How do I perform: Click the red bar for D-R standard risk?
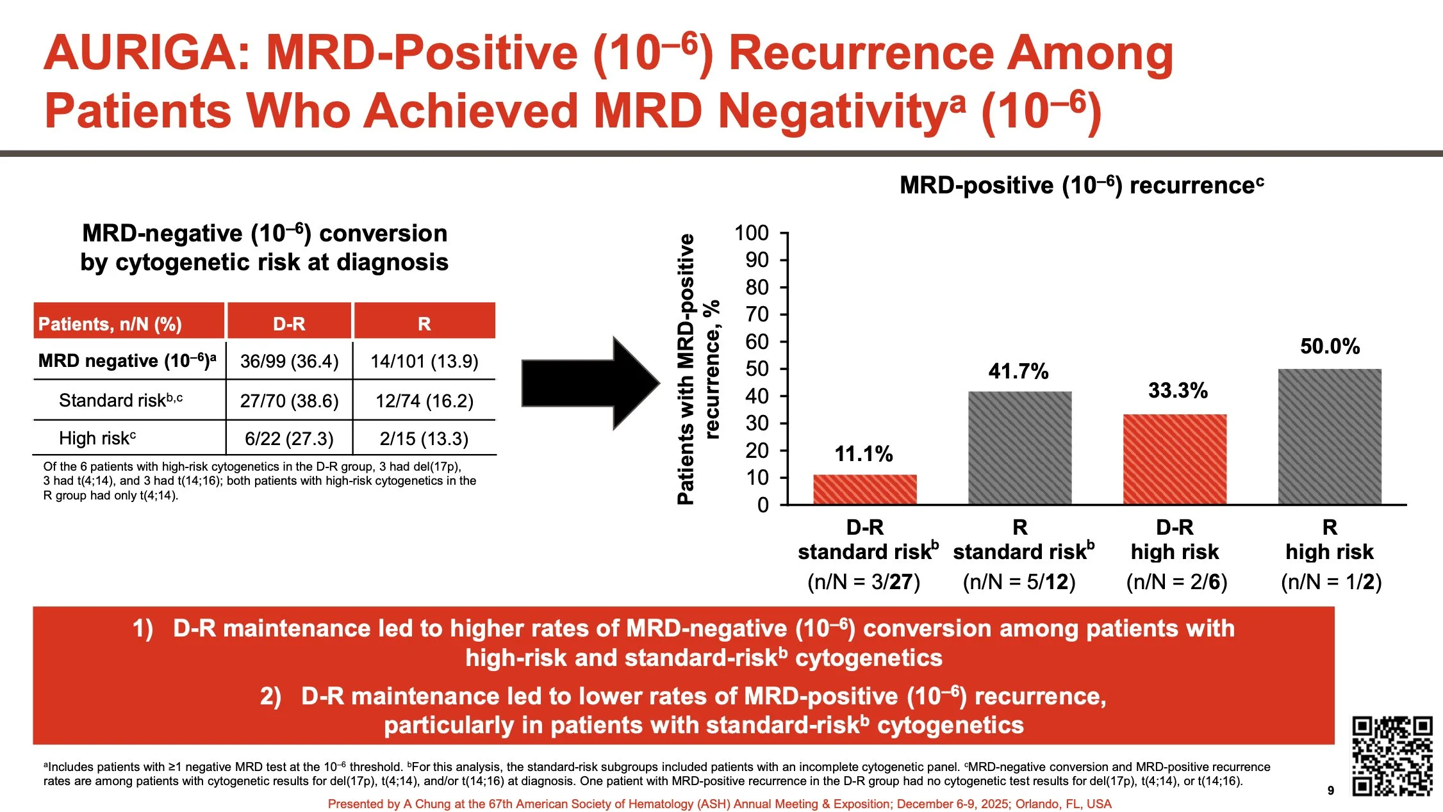click(x=865, y=489)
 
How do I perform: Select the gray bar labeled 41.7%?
click(x=1019, y=448)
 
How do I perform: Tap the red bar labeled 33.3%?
click(x=1175, y=459)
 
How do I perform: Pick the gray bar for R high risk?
click(x=1330, y=437)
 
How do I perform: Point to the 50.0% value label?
click(x=1330, y=346)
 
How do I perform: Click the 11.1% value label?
click(x=863, y=454)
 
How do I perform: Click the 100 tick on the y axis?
click(x=752, y=233)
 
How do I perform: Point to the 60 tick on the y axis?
click(x=757, y=342)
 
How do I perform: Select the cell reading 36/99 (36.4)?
click(x=289, y=361)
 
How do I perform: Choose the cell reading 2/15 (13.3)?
click(x=424, y=439)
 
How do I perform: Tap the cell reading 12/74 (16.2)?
click(x=424, y=401)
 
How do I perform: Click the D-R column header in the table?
click(x=289, y=323)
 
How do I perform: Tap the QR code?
click(x=1392, y=756)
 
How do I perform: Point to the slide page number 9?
click(x=1331, y=790)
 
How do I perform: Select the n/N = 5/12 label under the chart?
click(x=1019, y=581)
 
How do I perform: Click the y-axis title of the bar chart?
click(x=698, y=369)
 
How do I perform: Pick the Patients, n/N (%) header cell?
click(x=110, y=323)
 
